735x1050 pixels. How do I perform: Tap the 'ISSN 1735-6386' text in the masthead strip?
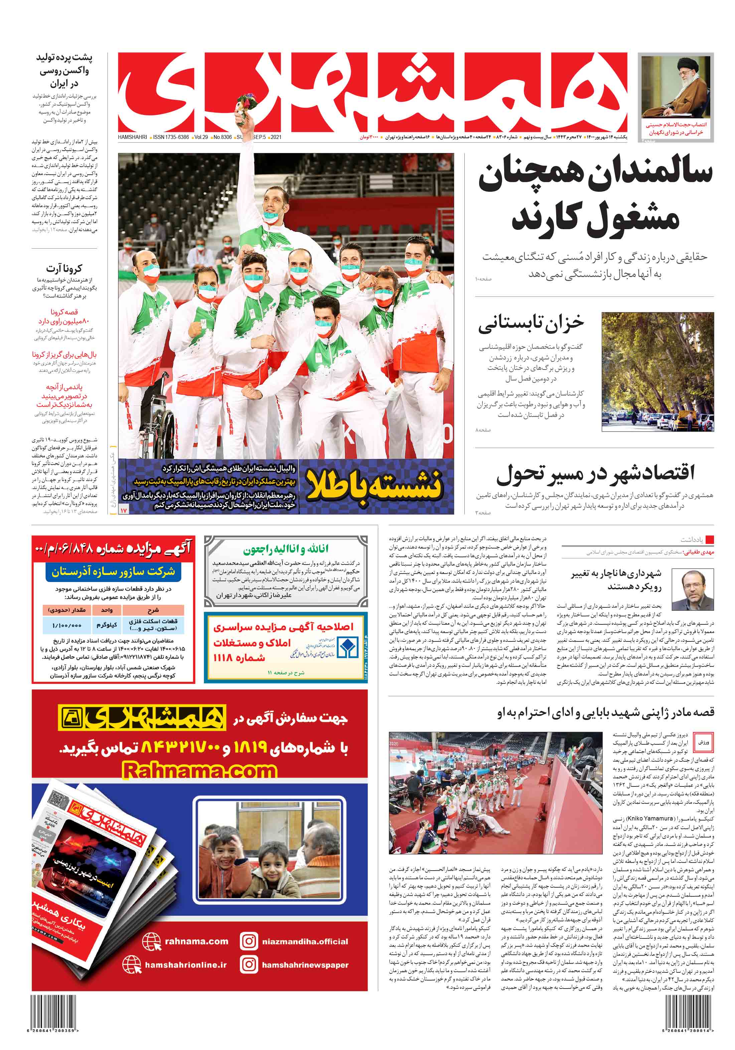coord(171,137)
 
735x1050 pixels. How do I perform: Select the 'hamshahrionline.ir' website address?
coord(186,964)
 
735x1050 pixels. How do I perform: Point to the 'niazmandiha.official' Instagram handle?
coord(305,941)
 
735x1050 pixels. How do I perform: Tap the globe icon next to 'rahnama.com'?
coord(151,941)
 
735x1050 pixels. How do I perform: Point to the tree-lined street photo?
coord(657,371)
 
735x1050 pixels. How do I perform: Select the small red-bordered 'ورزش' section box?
coord(703,742)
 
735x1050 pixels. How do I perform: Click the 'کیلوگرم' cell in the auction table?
coord(107,625)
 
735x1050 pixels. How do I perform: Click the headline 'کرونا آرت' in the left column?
coord(64,268)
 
